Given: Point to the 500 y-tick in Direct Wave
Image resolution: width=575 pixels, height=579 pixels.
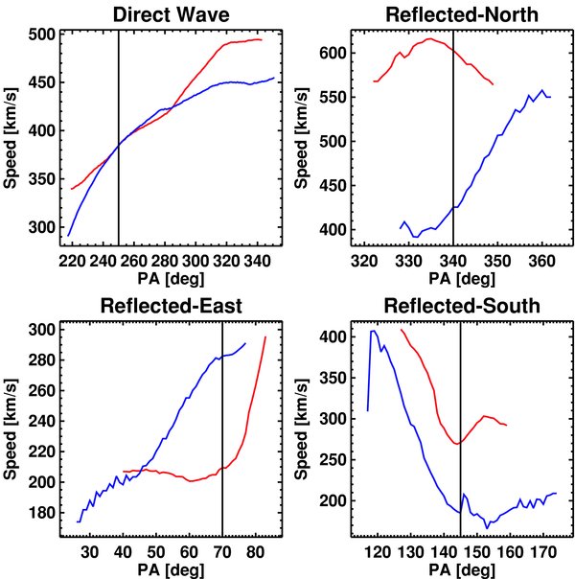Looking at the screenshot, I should (41, 35).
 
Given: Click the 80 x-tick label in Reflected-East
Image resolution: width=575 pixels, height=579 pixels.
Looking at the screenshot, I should (255, 552).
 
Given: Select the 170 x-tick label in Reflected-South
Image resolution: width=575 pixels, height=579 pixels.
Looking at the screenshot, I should (541, 552).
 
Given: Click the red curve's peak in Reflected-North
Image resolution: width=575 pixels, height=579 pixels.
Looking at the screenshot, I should (428, 39).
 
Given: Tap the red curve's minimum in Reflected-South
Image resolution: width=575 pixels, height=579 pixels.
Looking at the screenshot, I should (458, 443).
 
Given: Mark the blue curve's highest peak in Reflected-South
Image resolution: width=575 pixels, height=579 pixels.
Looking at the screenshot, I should (374, 331).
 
